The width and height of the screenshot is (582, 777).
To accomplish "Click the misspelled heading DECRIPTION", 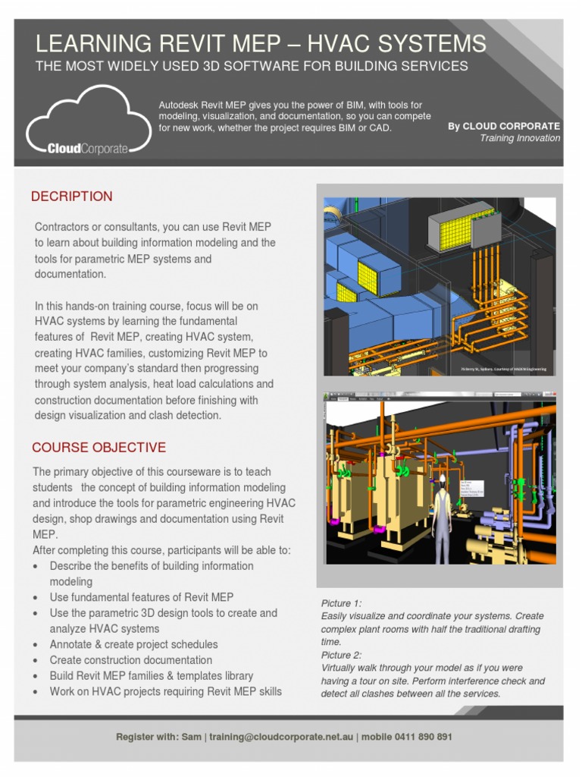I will point(71,197).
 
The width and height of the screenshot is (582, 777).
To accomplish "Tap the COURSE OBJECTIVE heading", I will point(99,448).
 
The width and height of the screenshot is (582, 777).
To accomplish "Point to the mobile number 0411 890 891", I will point(420,737).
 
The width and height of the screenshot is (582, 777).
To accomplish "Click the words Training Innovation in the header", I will point(520,138).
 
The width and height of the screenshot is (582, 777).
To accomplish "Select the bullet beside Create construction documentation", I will point(37,661).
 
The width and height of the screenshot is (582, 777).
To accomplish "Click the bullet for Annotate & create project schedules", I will point(37,645).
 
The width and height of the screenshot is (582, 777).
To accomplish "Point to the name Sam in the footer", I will point(192,737).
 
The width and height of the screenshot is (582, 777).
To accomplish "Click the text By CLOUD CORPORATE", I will point(504,126).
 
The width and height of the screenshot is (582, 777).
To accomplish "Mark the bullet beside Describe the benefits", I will point(37,567).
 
